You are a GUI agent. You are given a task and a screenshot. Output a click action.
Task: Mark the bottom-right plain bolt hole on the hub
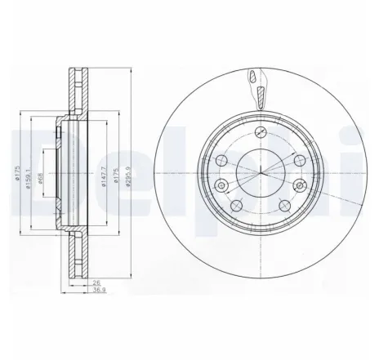click(283, 204)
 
